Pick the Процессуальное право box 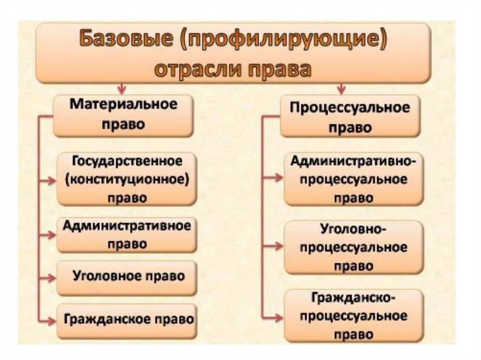[350, 116]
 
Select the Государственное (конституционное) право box [127, 179]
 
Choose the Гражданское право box [127, 320]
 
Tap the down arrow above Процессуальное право [341, 89]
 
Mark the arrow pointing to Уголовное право [48, 277]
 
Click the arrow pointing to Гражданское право [48, 321]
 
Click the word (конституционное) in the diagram [127, 179]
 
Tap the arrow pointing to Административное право [48, 233]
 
